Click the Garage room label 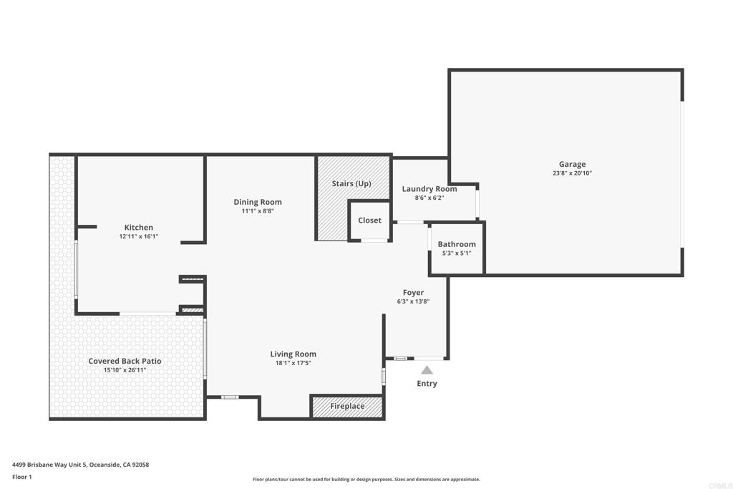tap(572, 164)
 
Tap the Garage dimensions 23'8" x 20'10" tap(572, 173)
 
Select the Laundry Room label tap(429, 189)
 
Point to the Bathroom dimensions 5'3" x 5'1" tap(457, 253)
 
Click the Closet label tap(370, 221)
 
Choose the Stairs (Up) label tap(351, 184)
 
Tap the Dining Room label tap(258, 202)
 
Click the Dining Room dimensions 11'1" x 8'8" tap(258, 210)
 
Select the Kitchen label tap(139, 228)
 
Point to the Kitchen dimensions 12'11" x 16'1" tap(139, 236)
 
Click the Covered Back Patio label tap(125, 361)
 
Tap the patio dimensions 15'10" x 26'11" tap(125, 370)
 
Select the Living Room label tap(293, 354)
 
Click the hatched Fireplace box tap(347, 406)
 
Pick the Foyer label tap(413, 293)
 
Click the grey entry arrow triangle tap(427, 371)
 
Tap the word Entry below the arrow tap(427, 383)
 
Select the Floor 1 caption tap(22, 477)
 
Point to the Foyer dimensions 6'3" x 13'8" tap(413, 301)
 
